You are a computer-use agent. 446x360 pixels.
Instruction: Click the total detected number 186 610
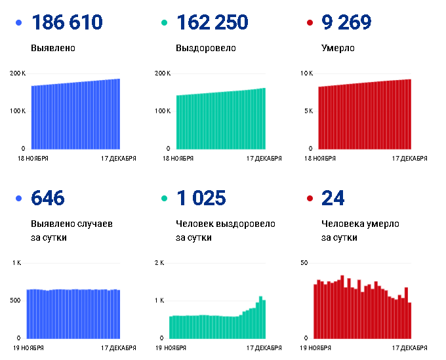coord(67,22)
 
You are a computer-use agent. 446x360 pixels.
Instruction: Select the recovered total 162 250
coord(213,22)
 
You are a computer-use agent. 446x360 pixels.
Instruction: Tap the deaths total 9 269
coord(346,22)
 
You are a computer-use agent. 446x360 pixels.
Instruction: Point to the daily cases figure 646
coord(48,198)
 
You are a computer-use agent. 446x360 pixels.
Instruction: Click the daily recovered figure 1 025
coord(201,198)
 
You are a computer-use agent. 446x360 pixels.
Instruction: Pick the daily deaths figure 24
coord(333,198)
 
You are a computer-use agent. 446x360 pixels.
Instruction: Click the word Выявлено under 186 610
coord(53,48)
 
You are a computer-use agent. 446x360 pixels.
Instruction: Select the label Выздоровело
coord(206,48)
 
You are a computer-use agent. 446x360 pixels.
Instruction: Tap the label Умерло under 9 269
coord(338,48)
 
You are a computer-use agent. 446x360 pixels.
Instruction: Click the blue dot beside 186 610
coord(19,23)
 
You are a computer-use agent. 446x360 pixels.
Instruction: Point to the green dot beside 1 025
coord(164,198)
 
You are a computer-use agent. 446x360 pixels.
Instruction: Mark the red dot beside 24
coord(310,198)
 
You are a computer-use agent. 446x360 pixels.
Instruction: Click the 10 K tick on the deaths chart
coord(307,73)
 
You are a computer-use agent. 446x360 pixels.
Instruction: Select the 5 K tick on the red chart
coord(309,111)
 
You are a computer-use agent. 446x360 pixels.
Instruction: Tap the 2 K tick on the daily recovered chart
coord(159,263)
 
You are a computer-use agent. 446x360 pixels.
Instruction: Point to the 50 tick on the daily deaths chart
coord(304,263)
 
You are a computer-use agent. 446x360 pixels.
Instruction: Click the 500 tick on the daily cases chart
coord(15,300)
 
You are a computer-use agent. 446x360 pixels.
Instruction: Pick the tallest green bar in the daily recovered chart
coord(260,317)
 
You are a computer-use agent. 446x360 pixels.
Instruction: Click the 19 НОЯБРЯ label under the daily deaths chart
coord(315,348)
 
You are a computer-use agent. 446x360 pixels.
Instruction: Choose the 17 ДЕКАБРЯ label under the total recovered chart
coord(264,159)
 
